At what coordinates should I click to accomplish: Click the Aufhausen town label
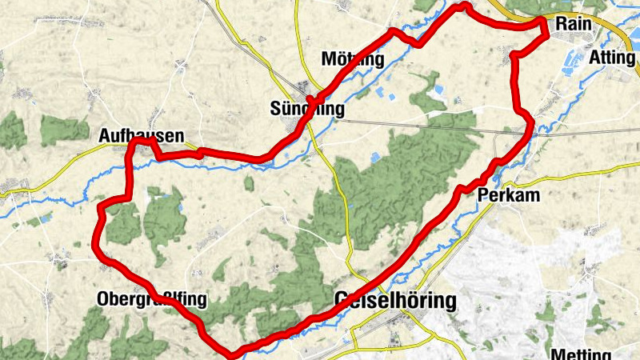pos(142,135)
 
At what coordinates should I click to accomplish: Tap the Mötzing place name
pos(352,59)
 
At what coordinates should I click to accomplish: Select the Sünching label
pos(308,109)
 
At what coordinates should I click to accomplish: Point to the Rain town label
pos(573,24)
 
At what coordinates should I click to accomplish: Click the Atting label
pos(611,58)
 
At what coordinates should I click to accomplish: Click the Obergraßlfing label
pos(151,300)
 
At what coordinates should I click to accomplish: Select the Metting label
pos(579,353)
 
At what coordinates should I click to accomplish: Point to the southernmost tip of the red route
pos(232,352)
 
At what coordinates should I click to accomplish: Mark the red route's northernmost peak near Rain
pos(462,6)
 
